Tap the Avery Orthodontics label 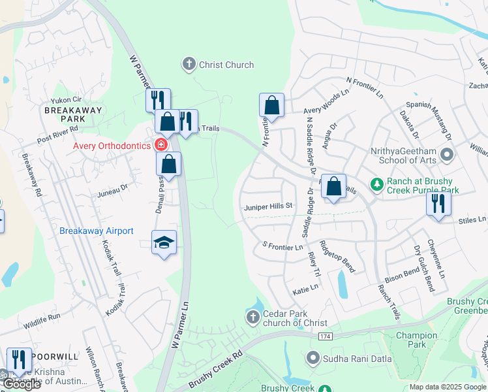click(112, 146)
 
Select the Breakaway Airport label click(97, 231)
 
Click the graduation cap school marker click(164, 243)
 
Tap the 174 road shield click(326, 336)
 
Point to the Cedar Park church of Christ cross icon click(253, 318)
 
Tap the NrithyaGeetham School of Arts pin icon click(447, 155)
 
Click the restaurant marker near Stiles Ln click(438, 203)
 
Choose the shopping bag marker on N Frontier click(271, 105)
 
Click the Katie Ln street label click(305, 287)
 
